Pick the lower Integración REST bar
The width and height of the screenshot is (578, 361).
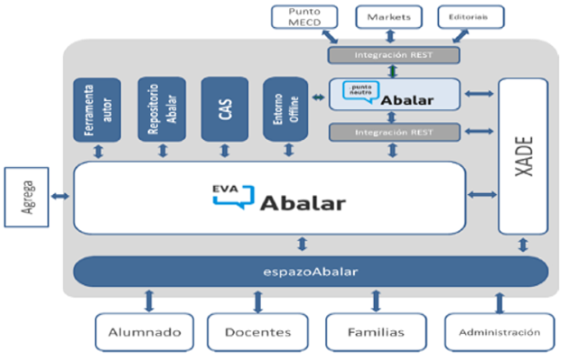(393, 133)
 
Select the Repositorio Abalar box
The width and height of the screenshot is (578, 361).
(161, 109)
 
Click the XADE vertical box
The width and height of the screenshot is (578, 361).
(523, 154)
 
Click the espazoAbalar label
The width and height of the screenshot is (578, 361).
(309, 271)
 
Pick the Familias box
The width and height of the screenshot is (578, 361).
(375, 331)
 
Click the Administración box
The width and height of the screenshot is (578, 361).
(499, 331)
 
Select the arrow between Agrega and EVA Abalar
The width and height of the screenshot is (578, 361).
(61, 196)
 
